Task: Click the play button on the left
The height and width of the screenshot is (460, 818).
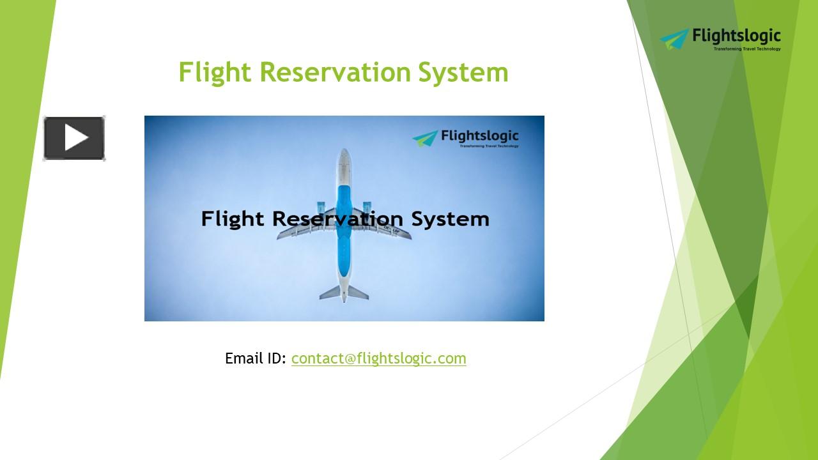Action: click(x=74, y=138)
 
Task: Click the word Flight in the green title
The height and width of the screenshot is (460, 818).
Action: click(x=214, y=72)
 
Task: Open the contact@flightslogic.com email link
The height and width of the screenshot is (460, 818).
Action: click(x=378, y=358)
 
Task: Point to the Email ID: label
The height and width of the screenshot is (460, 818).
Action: click(x=256, y=358)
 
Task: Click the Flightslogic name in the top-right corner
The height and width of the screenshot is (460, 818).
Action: click(x=736, y=37)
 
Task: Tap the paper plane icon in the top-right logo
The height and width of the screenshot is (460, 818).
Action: click(x=675, y=39)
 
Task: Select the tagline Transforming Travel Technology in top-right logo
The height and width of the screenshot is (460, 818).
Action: click(x=746, y=49)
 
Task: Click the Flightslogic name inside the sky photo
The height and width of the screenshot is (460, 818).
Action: click(x=479, y=136)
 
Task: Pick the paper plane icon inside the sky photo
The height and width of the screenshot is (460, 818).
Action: click(x=426, y=138)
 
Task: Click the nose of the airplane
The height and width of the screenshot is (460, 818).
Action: click(x=344, y=155)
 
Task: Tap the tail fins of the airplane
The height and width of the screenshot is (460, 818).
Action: click(x=344, y=292)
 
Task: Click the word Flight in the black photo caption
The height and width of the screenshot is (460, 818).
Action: click(x=232, y=219)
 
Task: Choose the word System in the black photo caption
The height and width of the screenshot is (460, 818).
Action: click(x=450, y=219)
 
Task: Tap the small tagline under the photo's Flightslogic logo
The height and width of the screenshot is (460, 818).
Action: click(x=489, y=146)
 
